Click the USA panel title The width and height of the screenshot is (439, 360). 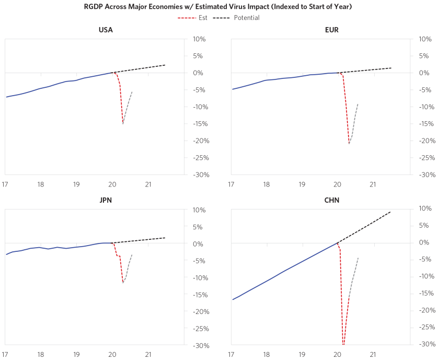point(106,30)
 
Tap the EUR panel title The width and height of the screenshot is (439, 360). point(331,30)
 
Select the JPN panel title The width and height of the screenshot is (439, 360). point(106,200)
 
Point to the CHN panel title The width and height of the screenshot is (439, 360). point(331,200)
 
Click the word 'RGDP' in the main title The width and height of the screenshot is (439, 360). point(95,7)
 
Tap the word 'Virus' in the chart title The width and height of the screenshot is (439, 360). point(240,7)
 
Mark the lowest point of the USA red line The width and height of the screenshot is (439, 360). point(123,123)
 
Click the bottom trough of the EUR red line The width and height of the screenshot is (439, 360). point(349,143)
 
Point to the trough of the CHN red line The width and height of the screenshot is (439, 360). point(343,344)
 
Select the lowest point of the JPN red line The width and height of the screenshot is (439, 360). point(123,283)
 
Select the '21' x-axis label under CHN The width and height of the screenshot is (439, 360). point(373,355)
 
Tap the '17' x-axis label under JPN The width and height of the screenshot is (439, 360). point(5,355)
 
